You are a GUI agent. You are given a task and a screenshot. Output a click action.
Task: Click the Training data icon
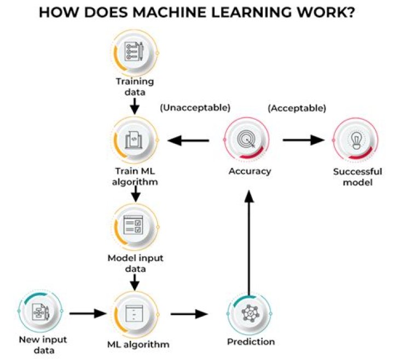click(134, 52)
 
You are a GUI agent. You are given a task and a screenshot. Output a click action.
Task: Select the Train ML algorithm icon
click(134, 140)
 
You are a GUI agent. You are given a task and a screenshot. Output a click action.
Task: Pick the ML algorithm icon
click(134, 314)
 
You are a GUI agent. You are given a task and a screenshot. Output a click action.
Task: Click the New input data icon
click(40, 312)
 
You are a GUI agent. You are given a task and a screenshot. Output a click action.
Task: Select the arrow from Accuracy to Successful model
click(304, 140)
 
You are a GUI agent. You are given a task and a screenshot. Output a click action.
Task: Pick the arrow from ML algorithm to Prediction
click(190, 314)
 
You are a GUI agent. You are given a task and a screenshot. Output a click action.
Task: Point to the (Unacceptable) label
click(195, 108)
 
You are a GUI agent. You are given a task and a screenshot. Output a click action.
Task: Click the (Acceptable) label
click(297, 108)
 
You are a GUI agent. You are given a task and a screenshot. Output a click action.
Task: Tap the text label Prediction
click(251, 342)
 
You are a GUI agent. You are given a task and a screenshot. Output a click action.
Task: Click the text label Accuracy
click(250, 171)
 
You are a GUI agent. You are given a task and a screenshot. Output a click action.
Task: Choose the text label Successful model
click(357, 176)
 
